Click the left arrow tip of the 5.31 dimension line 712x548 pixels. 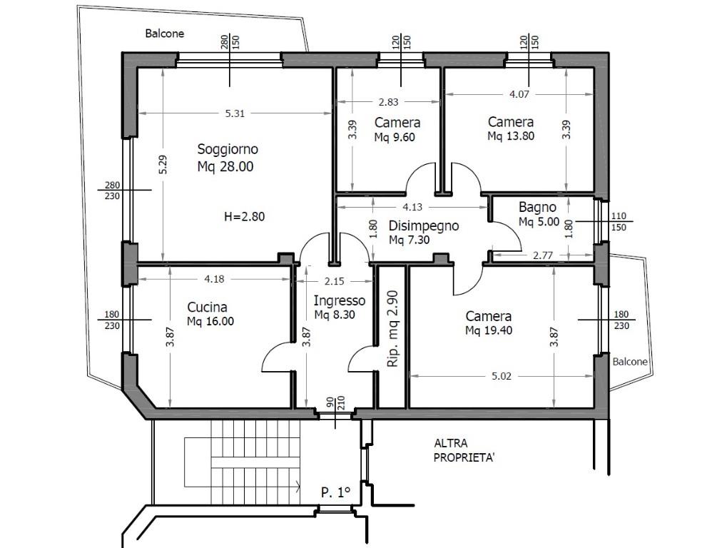tap(138, 113)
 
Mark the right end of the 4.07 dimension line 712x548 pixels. tap(594, 94)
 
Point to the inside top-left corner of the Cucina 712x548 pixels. tap(138, 266)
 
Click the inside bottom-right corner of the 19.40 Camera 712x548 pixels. tap(594, 407)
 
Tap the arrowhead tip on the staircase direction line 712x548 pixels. tap(300, 487)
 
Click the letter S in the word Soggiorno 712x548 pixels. tap(201, 149)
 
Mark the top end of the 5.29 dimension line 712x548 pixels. tap(163, 69)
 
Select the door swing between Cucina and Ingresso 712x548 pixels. tap(277, 357)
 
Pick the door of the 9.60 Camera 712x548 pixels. tap(422, 178)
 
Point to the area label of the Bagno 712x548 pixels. tap(539, 222)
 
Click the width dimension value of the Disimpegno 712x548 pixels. tap(412, 207)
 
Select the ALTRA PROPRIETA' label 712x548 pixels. tap(464, 450)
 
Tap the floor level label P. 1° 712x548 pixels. tap(335, 492)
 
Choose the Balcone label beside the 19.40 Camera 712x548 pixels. tap(630, 362)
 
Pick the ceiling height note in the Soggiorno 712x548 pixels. tap(244, 217)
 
